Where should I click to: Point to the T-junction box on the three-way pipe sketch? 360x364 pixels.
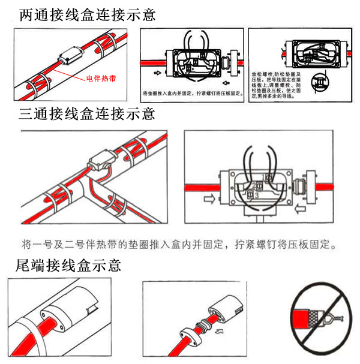click(x=100, y=165)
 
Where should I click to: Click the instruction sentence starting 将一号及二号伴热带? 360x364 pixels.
click(x=179, y=245)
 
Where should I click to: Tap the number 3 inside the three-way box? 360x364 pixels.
click(x=256, y=195)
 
